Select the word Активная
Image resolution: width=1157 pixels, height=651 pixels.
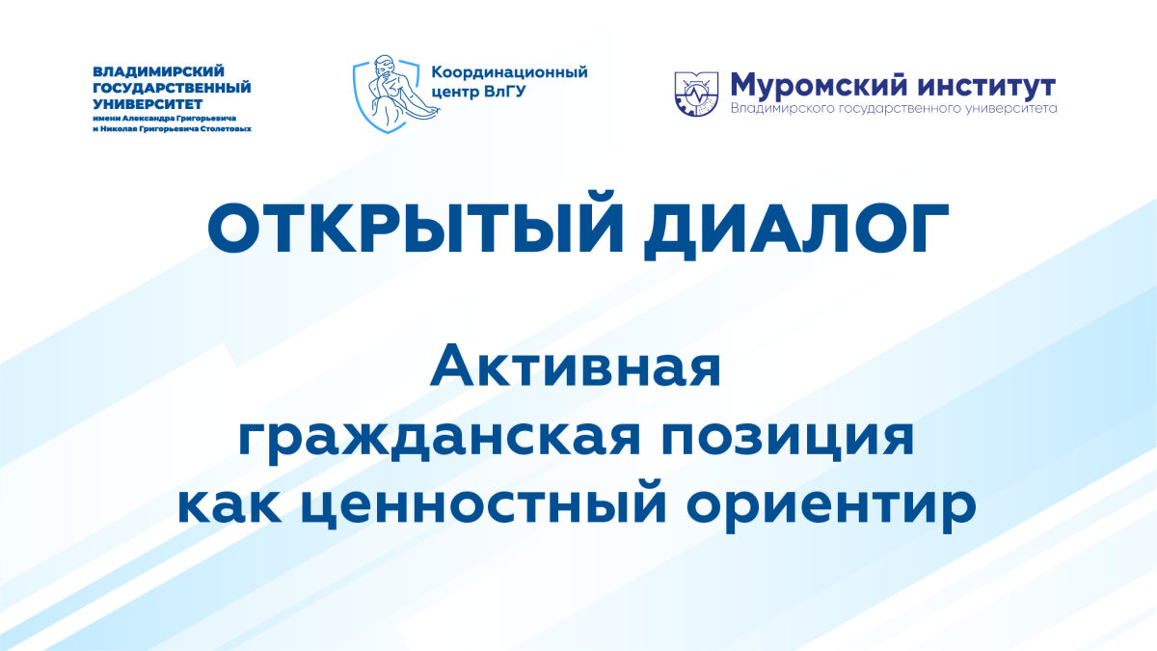pyautogui.click(x=575, y=366)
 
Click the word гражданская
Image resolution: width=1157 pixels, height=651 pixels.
pyautogui.click(x=439, y=440)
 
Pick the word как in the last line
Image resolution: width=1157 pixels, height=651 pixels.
pyautogui.click(x=229, y=506)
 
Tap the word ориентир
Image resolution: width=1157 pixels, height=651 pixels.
pyautogui.click(x=831, y=508)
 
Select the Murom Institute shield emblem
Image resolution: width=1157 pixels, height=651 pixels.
pyautogui.click(x=696, y=95)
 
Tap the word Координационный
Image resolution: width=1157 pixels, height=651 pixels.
pyautogui.click(x=509, y=72)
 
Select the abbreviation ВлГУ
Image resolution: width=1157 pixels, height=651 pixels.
pyautogui.click(x=505, y=92)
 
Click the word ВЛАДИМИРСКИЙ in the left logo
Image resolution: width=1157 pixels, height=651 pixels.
pyautogui.click(x=158, y=70)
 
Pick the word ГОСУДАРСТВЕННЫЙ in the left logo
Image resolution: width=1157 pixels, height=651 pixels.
pyautogui.click(x=172, y=88)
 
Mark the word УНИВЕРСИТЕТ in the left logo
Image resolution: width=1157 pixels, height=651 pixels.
pyautogui.click(x=148, y=104)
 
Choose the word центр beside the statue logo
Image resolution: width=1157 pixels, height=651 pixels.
pyautogui.click(x=455, y=93)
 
